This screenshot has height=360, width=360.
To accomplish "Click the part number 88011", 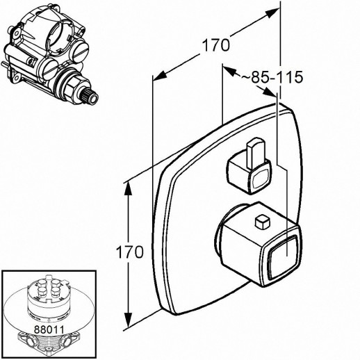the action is tap(49, 329).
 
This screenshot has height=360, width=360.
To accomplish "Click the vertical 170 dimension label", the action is tap(129, 252).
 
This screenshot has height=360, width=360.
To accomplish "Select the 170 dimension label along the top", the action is tap(216, 45).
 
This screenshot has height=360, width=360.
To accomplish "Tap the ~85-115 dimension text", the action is tap(272, 77).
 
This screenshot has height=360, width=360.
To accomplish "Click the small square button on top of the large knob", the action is tap(263, 222).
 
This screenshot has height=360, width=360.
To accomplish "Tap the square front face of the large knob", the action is tap(284, 256).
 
